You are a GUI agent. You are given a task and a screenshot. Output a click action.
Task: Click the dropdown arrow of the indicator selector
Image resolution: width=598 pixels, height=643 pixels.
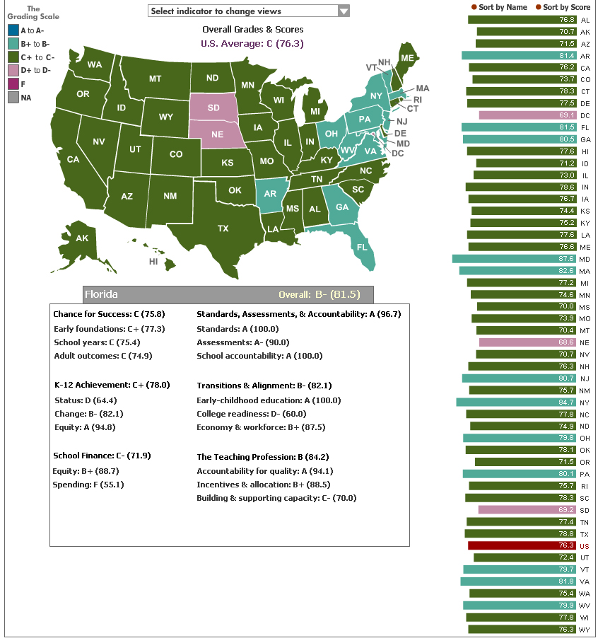click(344, 11)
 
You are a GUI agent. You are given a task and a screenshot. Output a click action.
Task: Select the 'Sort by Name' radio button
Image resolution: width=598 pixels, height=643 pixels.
click(474, 7)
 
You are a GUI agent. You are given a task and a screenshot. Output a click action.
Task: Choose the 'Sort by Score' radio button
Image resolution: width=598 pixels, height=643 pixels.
click(538, 7)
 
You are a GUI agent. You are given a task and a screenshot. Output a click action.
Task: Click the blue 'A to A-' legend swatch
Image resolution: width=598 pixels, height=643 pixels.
click(13, 30)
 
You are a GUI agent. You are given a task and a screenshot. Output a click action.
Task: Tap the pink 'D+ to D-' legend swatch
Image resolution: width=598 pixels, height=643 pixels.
click(13, 71)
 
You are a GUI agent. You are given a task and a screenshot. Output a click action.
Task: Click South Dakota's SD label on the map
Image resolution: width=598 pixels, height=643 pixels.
click(213, 108)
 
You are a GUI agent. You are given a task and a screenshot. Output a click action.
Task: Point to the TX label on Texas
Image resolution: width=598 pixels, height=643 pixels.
click(223, 228)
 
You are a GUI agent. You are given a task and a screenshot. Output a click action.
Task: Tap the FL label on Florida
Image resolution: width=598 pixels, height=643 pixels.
click(362, 248)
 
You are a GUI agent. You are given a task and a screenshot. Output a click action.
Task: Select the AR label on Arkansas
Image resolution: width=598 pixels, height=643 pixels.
click(270, 194)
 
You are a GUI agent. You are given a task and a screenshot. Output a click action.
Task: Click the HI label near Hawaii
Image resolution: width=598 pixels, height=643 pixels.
click(153, 262)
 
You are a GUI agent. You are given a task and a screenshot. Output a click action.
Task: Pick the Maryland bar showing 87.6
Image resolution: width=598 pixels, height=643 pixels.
click(515, 259)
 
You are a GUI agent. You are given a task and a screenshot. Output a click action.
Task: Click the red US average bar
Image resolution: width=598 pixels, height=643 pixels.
click(522, 545)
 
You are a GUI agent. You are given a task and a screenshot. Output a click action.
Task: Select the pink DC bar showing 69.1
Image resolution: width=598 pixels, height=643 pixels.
click(527, 115)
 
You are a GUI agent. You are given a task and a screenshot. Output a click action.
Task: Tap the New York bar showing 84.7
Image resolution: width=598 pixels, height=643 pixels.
click(516, 402)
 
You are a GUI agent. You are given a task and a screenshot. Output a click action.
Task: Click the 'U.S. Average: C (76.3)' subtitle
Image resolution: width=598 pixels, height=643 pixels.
click(252, 43)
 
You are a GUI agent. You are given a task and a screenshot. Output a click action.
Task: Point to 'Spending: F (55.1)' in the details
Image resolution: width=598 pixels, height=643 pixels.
click(88, 485)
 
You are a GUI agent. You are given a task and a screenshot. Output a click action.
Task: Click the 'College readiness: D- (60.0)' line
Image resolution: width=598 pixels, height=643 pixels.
click(252, 414)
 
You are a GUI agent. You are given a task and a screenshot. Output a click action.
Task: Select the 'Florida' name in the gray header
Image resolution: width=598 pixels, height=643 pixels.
click(101, 294)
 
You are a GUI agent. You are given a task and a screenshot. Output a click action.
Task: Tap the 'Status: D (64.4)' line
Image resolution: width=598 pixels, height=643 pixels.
click(86, 400)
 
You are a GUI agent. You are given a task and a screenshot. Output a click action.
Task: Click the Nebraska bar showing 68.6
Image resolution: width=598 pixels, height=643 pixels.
click(527, 342)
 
